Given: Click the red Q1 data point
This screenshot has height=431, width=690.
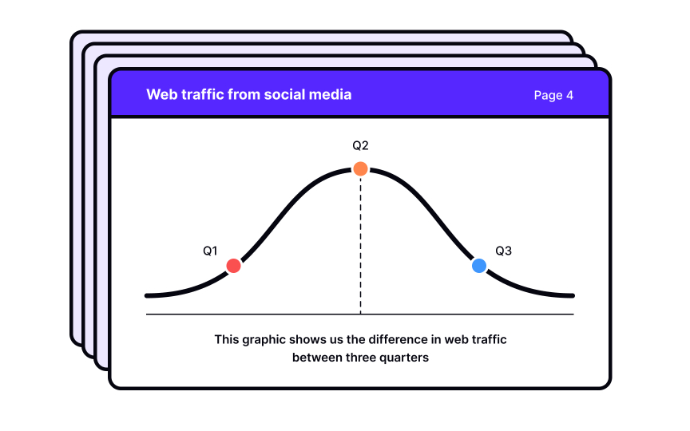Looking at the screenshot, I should pyautogui.click(x=233, y=266).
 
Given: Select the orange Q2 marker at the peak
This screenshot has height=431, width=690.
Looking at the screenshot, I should pyautogui.click(x=360, y=168).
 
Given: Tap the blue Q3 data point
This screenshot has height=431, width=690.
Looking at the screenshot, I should pyautogui.click(x=479, y=266).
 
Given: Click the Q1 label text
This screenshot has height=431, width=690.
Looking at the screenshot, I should pyautogui.click(x=210, y=251).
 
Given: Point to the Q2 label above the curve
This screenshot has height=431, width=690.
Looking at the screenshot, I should pyautogui.click(x=360, y=145).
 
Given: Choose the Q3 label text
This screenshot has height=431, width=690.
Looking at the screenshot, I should pyautogui.click(x=503, y=251).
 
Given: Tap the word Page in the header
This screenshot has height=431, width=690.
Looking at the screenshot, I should pyautogui.click(x=548, y=95).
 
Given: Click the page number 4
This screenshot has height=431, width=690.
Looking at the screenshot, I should pyautogui.click(x=569, y=95).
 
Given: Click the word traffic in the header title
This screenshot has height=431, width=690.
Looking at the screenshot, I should pyautogui.click(x=200, y=94).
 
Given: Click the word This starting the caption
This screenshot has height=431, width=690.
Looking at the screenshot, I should pyautogui.click(x=227, y=339).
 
